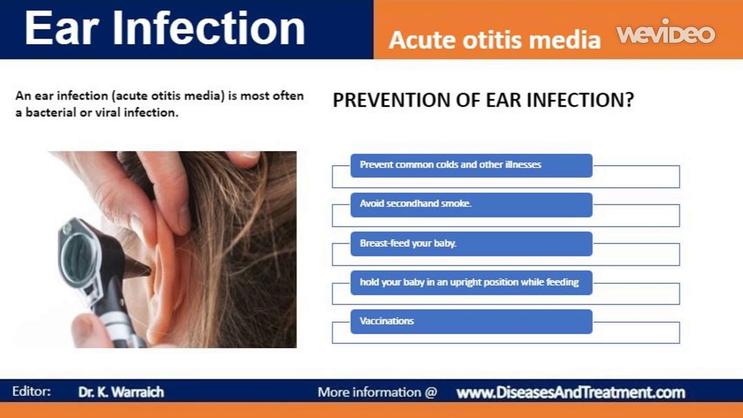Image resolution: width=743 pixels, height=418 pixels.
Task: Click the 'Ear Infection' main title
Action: click(165, 28)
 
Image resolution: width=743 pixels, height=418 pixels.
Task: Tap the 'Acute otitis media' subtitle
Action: click(495, 39)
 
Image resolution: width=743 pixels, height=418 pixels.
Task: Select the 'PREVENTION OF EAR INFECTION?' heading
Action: click(483, 100)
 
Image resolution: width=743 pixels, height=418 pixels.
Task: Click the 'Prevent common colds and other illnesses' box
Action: click(471, 165)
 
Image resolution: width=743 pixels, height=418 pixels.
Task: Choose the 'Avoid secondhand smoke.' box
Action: click(471, 204)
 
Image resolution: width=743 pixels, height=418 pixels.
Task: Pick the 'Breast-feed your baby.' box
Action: click(471, 243)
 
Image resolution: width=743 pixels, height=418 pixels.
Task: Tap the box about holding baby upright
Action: click(471, 282)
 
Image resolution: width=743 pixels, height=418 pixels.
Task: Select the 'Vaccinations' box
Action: click(471, 321)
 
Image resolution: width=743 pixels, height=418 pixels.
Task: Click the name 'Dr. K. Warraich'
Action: click(121, 392)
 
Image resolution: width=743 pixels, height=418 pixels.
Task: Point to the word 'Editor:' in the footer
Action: click(31, 391)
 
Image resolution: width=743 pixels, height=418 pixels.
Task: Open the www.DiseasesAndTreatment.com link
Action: click(571, 392)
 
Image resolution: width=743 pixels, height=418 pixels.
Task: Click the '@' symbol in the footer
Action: click(430, 392)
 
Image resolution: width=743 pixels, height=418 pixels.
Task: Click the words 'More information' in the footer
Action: click(369, 392)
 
